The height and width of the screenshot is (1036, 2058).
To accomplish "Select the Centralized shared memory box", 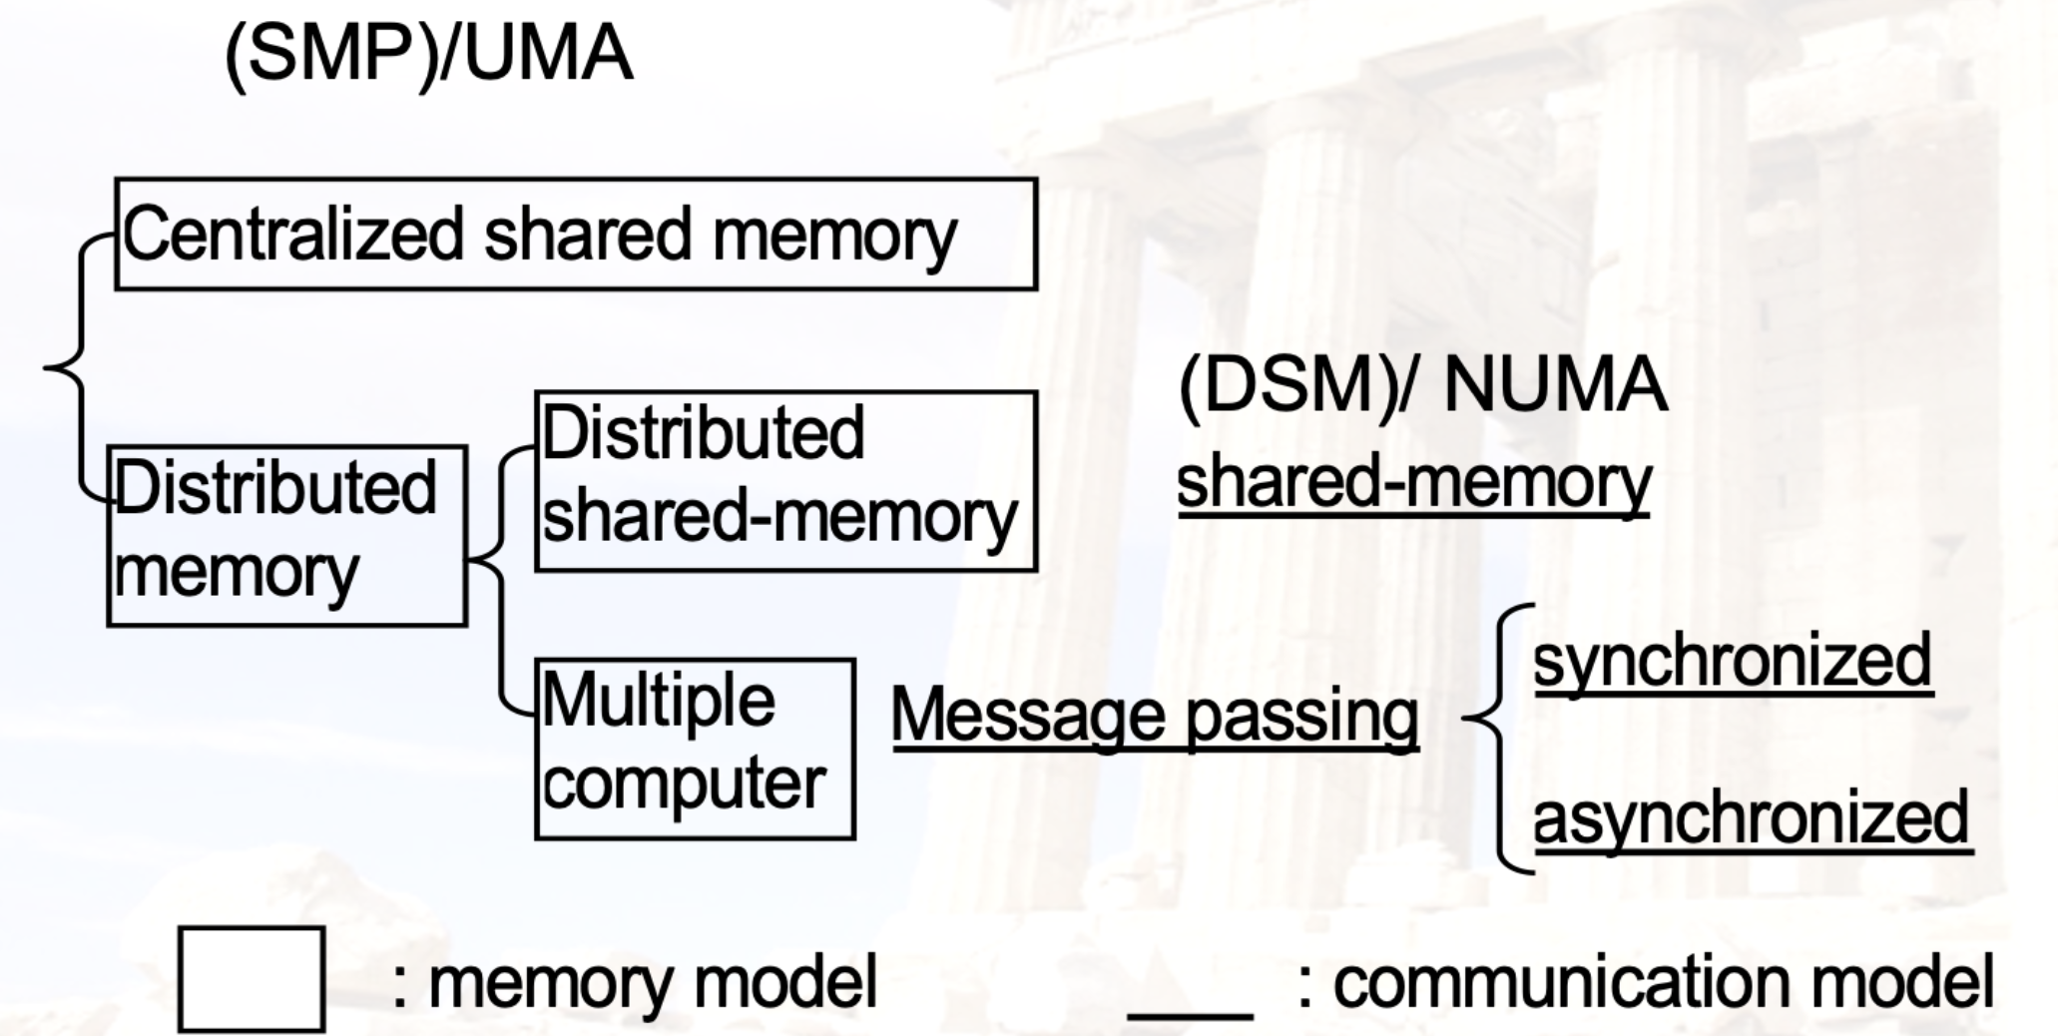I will (576, 235).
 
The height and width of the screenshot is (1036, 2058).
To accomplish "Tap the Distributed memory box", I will (286, 536).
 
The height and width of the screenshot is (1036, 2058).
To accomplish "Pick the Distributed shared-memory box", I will (785, 481).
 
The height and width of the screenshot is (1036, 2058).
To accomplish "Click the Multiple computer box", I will (695, 749).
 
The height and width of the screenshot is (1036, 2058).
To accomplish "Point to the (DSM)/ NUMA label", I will (1422, 387).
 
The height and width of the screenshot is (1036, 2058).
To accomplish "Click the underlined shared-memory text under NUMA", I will (1413, 483).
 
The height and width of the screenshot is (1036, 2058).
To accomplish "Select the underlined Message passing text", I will (1154, 717).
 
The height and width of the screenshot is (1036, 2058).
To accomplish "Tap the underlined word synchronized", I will (1733, 661).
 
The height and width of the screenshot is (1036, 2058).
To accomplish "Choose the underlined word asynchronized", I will (1752, 818).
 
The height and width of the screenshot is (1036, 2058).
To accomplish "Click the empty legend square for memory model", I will (252, 979).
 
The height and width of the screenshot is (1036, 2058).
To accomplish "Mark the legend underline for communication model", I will (1190, 1014).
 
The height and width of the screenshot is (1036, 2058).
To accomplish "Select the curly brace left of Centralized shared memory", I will (70, 367).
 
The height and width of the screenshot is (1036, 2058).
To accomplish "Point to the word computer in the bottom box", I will (685, 784).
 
